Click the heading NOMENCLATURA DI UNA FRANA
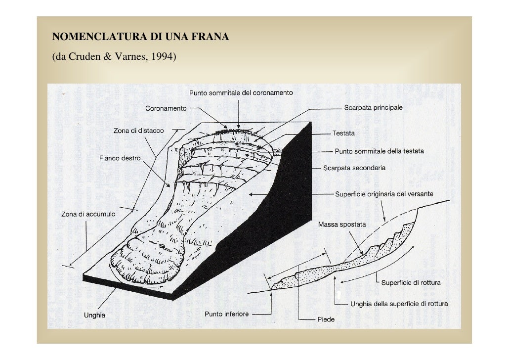(x=140, y=37)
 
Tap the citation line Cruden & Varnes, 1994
(x=114, y=56)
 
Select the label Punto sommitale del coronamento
(x=241, y=93)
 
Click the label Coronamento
(x=166, y=108)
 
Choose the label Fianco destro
(x=120, y=158)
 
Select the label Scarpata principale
(x=373, y=107)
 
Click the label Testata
(x=343, y=133)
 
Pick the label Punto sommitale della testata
(x=379, y=151)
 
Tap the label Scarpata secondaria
(x=354, y=168)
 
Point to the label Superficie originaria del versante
(x=384, y=194)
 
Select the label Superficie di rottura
(x=411, y=282)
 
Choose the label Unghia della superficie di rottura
(x=399, y=304)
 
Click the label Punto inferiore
(x=227, y=314)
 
